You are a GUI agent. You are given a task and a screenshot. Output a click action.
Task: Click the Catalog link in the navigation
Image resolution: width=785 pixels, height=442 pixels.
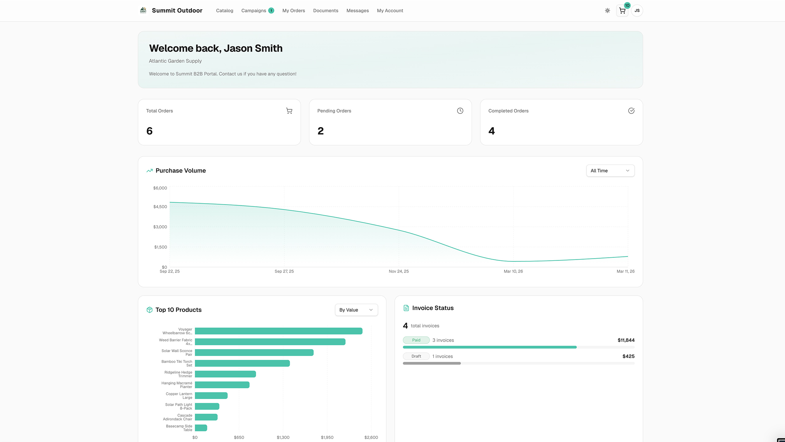click(224, 10)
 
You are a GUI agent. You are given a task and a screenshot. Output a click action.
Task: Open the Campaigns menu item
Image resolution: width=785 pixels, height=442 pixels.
click(254, 10)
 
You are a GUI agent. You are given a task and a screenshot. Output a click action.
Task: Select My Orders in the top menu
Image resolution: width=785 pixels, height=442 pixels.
click(293, 10)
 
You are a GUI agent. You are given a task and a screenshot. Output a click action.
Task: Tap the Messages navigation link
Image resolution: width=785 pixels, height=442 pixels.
click(357, 10)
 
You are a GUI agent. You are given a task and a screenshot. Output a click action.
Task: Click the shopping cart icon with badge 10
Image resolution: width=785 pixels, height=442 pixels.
click(622, 11)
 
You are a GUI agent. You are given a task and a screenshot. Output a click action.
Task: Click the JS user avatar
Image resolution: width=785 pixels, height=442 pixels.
click(637, 10)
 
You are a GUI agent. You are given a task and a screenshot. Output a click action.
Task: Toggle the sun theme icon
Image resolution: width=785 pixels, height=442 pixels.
click(607, 10)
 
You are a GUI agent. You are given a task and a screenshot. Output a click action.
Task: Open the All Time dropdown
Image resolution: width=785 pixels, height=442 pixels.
click(610, 171)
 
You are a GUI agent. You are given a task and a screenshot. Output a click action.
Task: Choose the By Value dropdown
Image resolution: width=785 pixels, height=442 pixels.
click(356, 310)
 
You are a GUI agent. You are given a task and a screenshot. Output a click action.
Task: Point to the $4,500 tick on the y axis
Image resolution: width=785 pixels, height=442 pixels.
click(160, 207)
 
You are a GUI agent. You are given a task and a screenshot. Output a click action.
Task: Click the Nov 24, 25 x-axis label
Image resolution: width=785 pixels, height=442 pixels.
click(398, 271)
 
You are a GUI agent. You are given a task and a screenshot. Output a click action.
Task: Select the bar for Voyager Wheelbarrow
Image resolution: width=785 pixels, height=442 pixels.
click(278, 331)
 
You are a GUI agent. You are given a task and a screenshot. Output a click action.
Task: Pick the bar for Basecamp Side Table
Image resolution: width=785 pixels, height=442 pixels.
click(201, 428)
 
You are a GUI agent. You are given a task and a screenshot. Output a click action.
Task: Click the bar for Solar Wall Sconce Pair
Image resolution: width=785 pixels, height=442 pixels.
click(254, 352)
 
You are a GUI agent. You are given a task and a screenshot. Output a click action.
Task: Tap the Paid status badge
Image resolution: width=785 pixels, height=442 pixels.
click(416, 340)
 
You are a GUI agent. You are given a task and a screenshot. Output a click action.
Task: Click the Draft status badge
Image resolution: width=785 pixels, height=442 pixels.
click(416, 356)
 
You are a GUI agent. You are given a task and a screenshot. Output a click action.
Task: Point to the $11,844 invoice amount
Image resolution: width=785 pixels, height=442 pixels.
click(626, 340)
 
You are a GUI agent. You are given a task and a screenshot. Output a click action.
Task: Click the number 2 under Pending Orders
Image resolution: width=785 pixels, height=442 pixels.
click(320, 131)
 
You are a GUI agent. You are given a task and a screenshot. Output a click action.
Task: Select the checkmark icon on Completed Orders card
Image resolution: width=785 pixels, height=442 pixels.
click(631, 111)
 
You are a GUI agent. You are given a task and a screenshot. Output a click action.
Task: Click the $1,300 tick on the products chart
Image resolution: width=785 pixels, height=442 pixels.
click(283, 437)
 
